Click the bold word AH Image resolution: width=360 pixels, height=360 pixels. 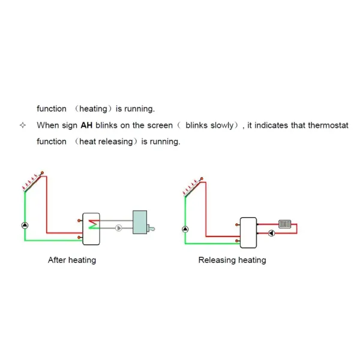(x=86, y=125)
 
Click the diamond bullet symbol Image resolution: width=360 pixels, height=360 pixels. (x=23, y=125)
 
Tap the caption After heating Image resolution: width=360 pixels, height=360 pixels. (x=72, y=260)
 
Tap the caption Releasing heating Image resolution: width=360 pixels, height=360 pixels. (x=232, y=260)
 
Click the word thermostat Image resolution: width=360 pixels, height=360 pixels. (x=328, y=125)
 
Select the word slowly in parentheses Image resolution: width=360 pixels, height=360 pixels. (x=222, y=125)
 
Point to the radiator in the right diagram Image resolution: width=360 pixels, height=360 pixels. (x=284, y=224)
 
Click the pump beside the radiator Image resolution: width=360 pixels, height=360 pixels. (x=271, y=233)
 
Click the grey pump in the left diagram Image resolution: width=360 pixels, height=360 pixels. (x=118, y=228)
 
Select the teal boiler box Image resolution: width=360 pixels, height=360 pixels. (x=140, y=222)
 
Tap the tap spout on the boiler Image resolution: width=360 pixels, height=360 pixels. (x=151, y=229)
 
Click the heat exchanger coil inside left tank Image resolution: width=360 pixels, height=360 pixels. (x=94, y=224)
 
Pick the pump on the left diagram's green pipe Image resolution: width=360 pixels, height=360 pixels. (x=25, y=226)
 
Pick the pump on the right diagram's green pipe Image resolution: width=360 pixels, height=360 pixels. (x=185, y=229)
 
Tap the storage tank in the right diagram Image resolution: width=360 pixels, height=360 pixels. (x=248, y=233)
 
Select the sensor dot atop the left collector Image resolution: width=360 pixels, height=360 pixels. (x=42, y=173)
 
